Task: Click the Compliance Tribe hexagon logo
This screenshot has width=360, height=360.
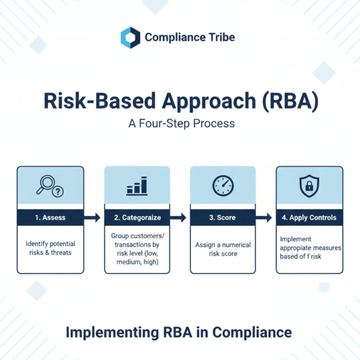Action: click(130, 37)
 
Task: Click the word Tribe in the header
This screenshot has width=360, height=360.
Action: click(220, 37)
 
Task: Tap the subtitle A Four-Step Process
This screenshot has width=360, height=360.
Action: click(179, 126)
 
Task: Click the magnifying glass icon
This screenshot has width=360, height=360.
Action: click(50, 187)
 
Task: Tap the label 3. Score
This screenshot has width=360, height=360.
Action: click(222, 217)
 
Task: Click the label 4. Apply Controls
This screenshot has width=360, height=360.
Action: click(308, 217)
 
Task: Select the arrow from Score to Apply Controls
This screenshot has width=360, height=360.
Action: click(265, 217)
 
